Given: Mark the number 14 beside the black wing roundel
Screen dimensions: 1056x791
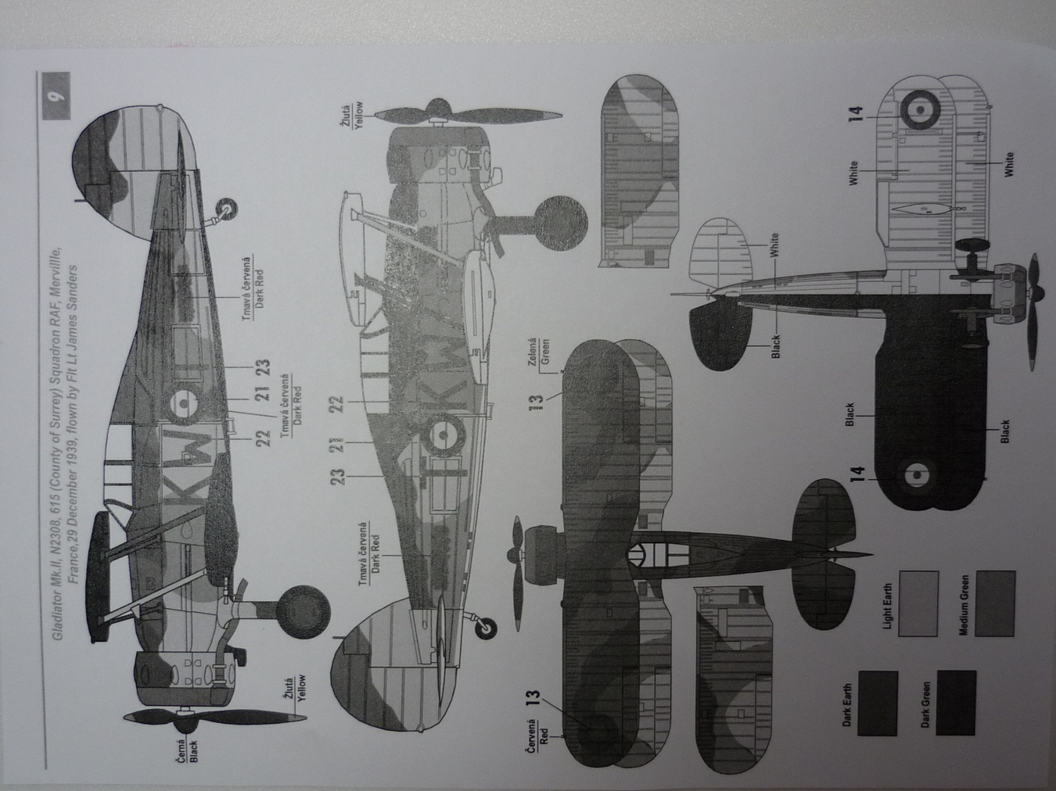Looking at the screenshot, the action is click(859, 473).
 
